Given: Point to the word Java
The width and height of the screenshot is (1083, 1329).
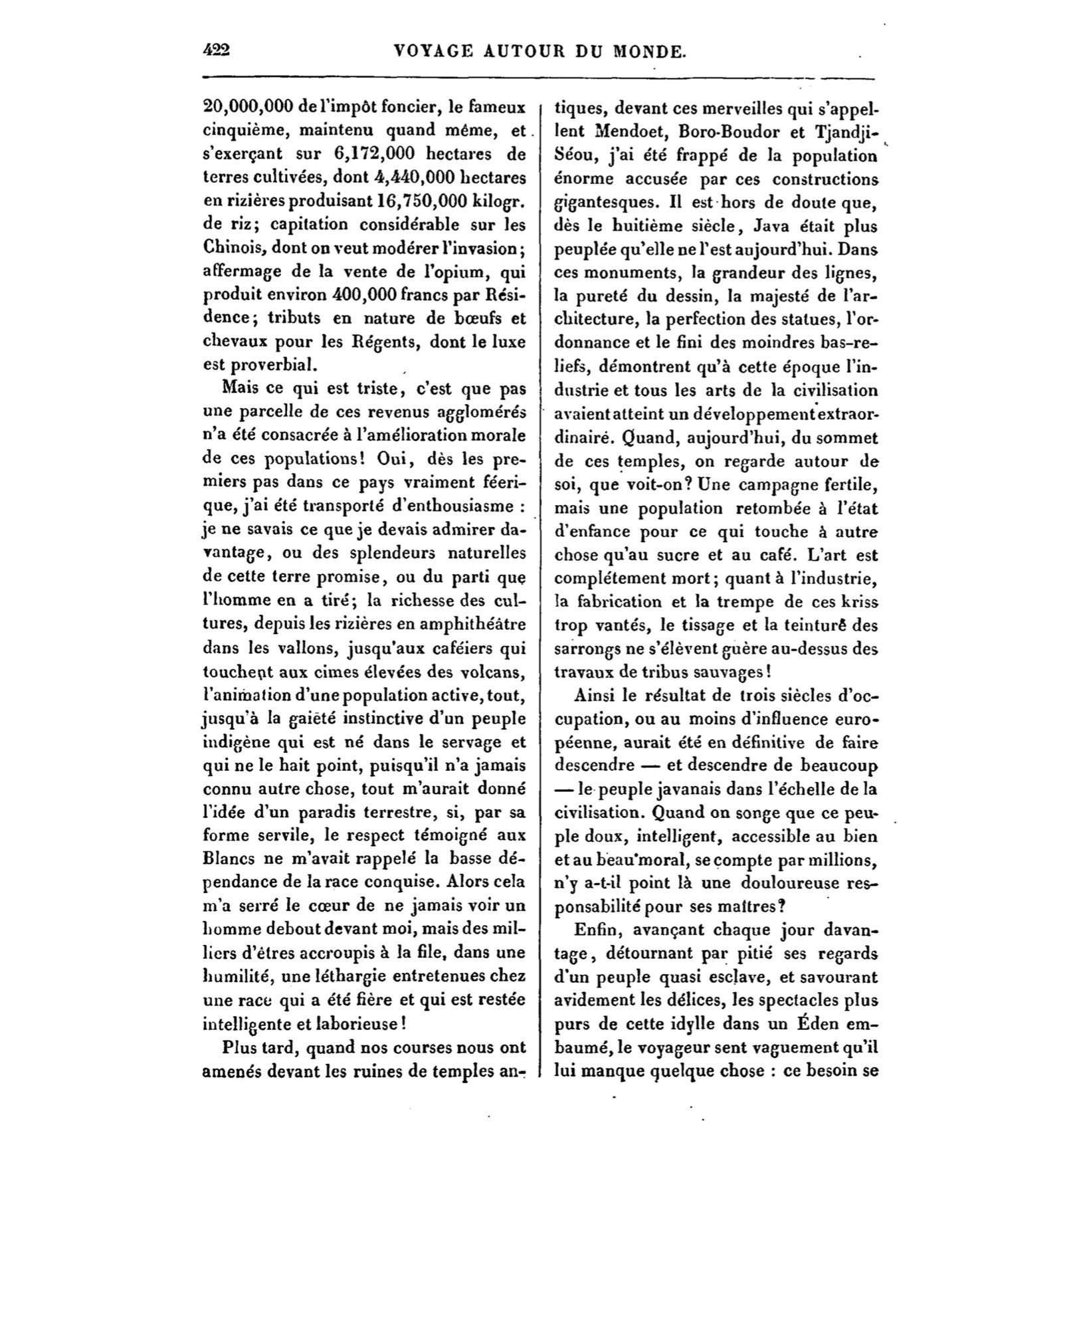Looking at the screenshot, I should click(776, 226).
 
